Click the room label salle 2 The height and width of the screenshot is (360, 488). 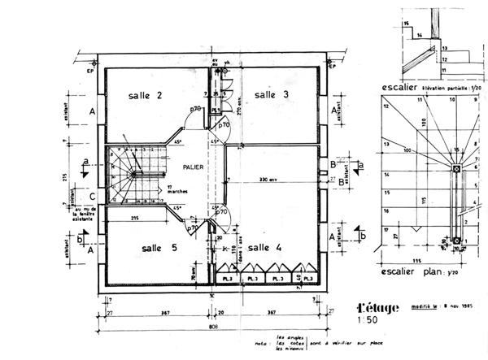(145, 96)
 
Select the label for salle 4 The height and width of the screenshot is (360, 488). (264, 247)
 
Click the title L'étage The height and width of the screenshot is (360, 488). (379, 308)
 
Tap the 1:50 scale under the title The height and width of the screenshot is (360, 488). (368, 322)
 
